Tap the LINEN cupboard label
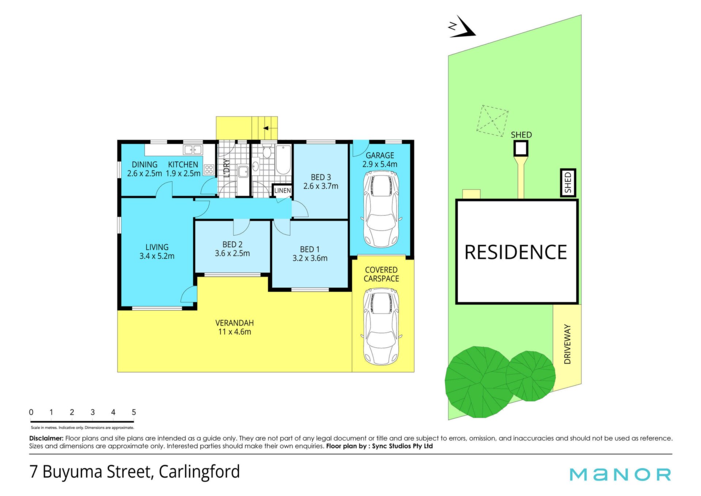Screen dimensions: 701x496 [x=283, y=191]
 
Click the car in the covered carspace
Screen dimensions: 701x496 [x=381, y=326]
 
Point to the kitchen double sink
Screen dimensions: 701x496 [x=193, y=150]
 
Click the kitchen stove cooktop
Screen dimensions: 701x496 [x=209, y=169]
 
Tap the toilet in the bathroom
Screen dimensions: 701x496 [x=267, y=151]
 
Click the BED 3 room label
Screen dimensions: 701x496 [x=321, y=177]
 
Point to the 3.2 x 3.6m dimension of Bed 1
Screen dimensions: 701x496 [x=310, y=258]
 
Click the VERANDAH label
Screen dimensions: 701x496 [x=234, y=323]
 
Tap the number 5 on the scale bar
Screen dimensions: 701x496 [x=134, y=412]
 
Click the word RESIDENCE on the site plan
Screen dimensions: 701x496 [x=516, y=252]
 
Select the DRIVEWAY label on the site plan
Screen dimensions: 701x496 [x=567, y=344]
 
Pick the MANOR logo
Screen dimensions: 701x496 [x=620, y=474]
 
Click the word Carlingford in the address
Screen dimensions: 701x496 [x=199, y=472]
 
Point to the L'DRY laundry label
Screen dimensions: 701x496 [x=226, y=168]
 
